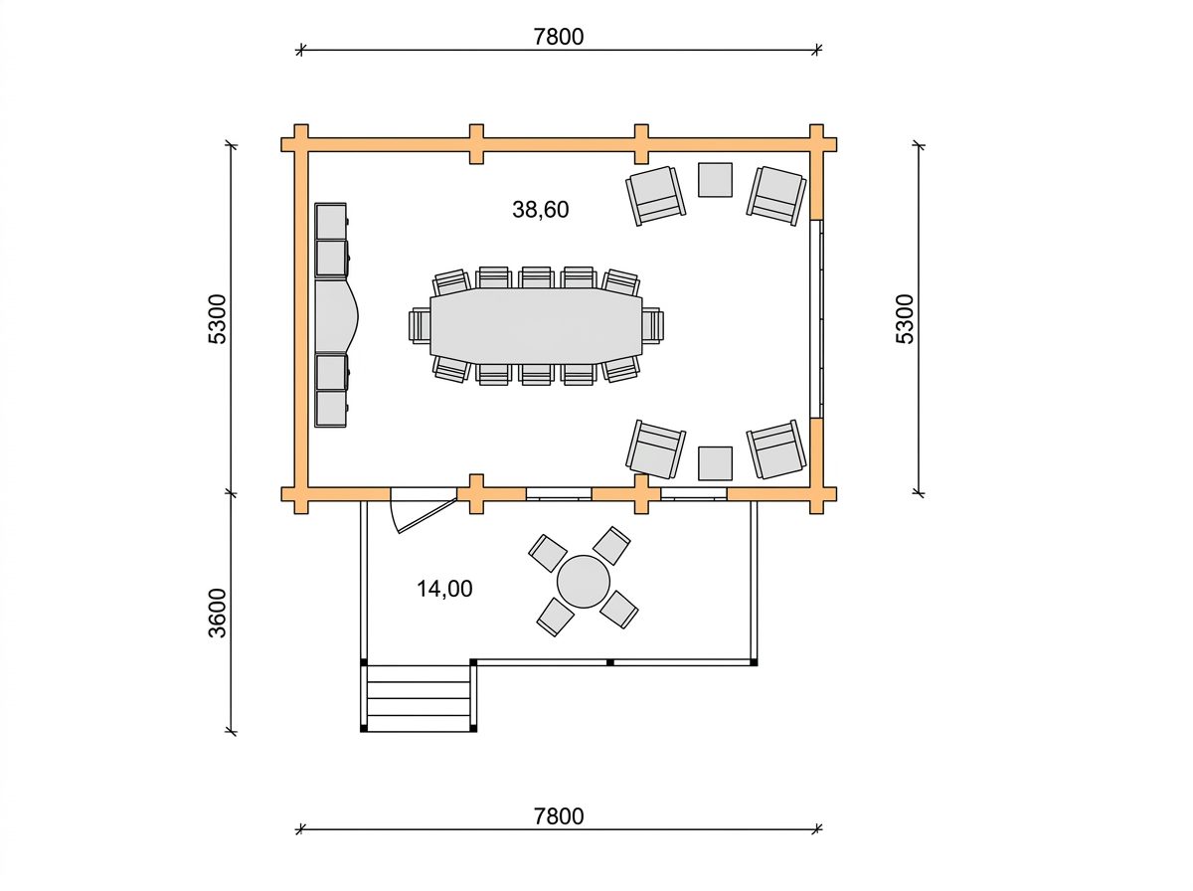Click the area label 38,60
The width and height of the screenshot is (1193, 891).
pyautogui.click(x=540, y=209)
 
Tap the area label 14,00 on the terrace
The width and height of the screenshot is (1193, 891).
pyautogui.click(x=444, y=589)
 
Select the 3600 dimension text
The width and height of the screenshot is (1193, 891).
pyautogui.click(x=217, y=613)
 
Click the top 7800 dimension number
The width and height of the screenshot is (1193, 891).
pyautogui.click(x=558, y=37)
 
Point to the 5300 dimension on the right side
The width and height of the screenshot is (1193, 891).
pyautogui.click(x=905, y=318)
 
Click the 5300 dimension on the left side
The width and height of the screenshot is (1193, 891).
pyautogui.click(x=217, y=318)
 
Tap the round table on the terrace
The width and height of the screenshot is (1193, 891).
pyautogui.click(x=584, y=582)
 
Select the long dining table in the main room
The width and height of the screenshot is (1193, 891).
pyautogui.click(x=537, y=325)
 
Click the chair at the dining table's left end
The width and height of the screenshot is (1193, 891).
pyautogui.click(x=420, y=325)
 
